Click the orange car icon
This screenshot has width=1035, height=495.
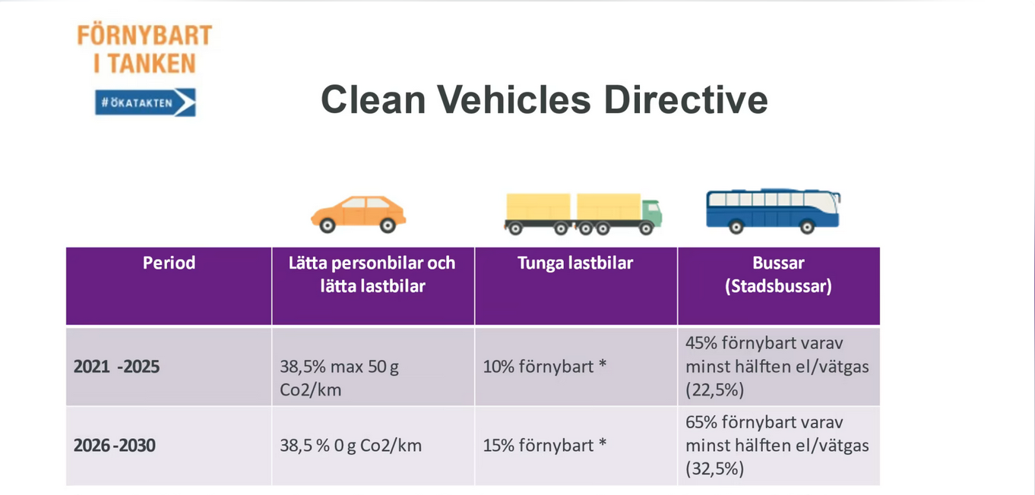coord(359,215)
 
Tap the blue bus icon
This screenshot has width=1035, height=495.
coord(773,211)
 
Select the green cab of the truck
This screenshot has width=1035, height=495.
coord(651,213)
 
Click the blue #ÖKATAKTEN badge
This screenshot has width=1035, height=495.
coord(146,102)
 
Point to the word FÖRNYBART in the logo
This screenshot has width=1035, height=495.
coord(144,36)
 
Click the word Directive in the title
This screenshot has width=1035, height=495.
coord(685,99)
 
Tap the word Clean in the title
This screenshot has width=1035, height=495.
coord(373,99)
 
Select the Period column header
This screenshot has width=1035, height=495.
coord(169,263)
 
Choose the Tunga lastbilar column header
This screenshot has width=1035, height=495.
coord(575,263)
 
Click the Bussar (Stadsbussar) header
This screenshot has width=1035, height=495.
coord(779,274)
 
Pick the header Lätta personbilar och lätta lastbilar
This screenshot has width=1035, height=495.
coord(372,274)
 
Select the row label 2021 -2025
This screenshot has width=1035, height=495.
coord(116,367)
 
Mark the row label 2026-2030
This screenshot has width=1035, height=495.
coord(115,446)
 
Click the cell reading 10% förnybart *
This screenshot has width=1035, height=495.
coord(545,367)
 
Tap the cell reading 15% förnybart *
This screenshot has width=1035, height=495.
coord(545,446)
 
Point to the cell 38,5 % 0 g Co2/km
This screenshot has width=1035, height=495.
coord(350,446)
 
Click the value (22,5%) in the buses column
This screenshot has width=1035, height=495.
coord(715,390)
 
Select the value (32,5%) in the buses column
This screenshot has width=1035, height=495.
coord(715,469)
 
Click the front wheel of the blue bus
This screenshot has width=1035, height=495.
coord(807,227)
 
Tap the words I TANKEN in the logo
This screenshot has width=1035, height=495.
coord(144,63)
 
